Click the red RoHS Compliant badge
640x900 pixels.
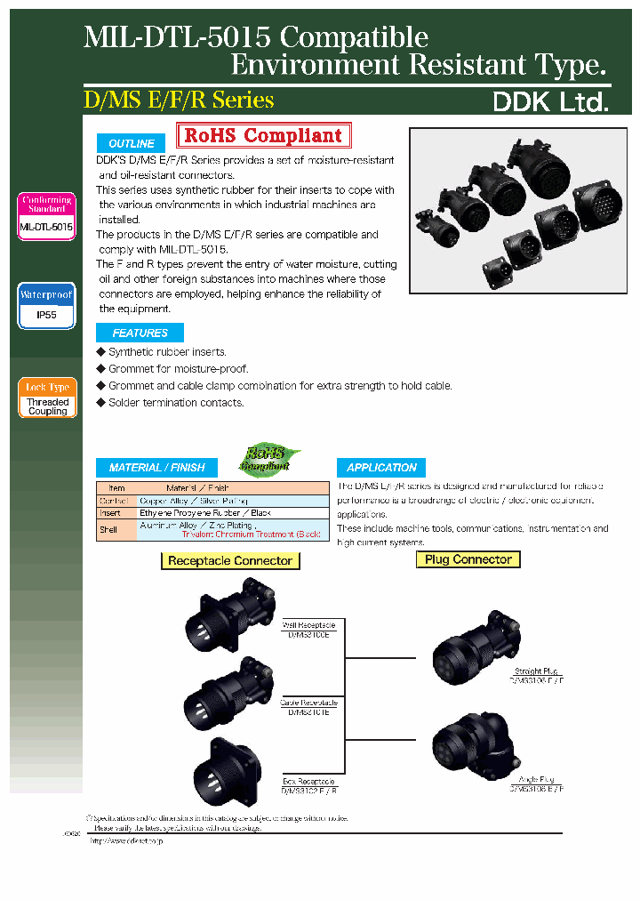263,136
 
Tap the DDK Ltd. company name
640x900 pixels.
550,102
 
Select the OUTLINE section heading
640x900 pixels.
132,143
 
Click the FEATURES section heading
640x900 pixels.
140,333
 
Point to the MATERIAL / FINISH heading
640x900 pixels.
156,468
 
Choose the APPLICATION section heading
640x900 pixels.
381,468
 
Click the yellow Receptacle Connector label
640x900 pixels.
229,561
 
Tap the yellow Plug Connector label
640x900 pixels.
468,559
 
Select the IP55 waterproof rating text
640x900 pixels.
47,316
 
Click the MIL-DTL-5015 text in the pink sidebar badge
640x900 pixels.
46,228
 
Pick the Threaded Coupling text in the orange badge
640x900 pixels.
47,406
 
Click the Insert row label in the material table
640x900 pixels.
110,513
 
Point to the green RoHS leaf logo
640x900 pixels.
268,458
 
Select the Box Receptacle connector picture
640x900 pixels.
227,768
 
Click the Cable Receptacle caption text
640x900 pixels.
309,703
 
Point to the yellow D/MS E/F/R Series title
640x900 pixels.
179,100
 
